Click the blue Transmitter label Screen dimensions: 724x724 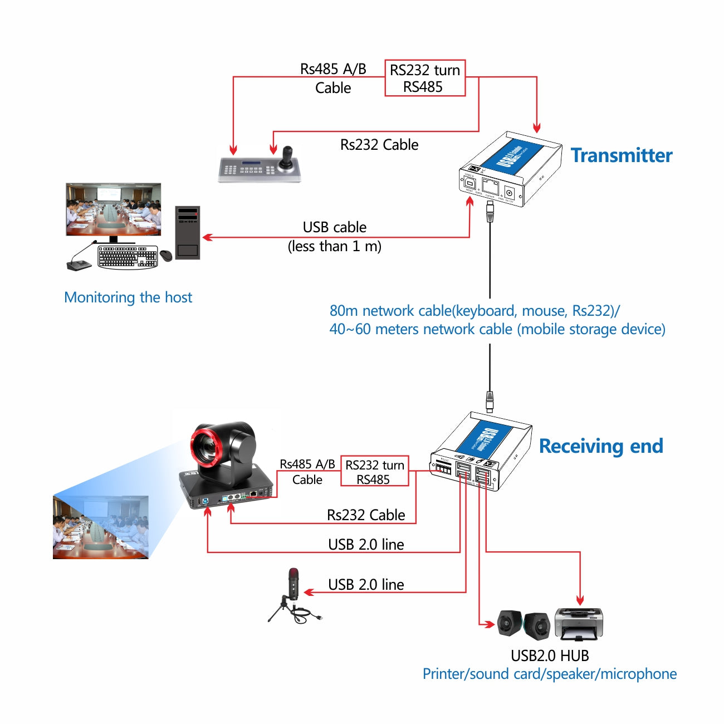coord(622,155)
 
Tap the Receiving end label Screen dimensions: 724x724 coord(601,446)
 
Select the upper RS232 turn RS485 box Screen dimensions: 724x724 coord(425,79)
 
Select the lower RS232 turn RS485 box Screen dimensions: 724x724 coord(374,472)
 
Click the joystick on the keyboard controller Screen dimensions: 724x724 coord(288,158)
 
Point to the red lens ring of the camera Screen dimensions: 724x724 coord(206,446)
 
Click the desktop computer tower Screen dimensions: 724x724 coord(188,232)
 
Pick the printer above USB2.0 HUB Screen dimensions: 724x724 coord(579,624)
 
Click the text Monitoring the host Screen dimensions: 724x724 coord(128,297)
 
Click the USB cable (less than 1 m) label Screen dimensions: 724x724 coord(335,237)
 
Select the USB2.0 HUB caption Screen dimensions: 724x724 coord(550,655)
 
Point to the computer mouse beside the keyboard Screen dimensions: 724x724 coord(166,256)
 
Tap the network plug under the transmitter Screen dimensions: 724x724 coord(490,211)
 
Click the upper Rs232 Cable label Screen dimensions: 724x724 coord(379,145)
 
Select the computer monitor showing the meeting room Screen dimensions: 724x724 coord(114,210)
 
